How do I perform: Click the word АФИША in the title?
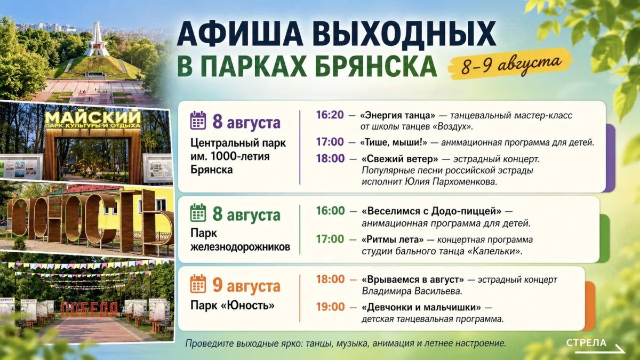241,33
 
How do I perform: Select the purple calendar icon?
198,121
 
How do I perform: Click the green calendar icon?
198,213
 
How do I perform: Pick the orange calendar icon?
198,283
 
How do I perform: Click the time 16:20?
330,115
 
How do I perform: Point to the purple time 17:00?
330,142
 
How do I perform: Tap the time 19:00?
330,307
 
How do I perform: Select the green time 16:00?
330,211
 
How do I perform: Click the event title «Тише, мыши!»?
394,142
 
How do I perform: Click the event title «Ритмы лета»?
393,239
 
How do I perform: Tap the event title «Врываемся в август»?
413,279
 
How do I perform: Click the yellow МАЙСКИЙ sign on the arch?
93,117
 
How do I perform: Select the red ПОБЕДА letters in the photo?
90,309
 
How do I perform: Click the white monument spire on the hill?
97,38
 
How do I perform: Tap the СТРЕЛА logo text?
586,342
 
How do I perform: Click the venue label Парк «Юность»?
233,306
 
